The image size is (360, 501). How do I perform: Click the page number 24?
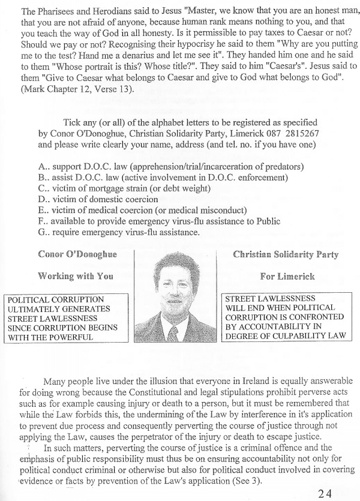pos(324,477)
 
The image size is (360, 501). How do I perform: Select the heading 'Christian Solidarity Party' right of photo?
pos(286,254)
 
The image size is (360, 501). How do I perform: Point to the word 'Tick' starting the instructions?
pos(72,124)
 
